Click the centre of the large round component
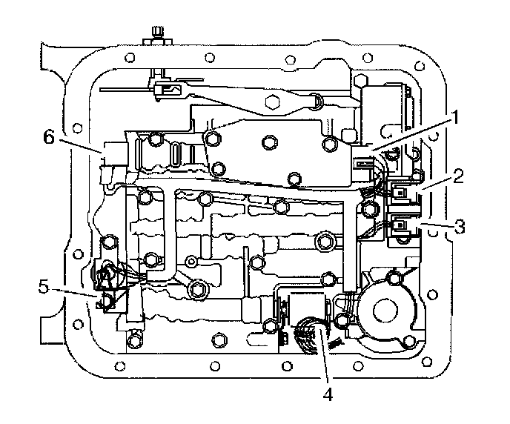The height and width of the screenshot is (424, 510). tap(387, 306)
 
